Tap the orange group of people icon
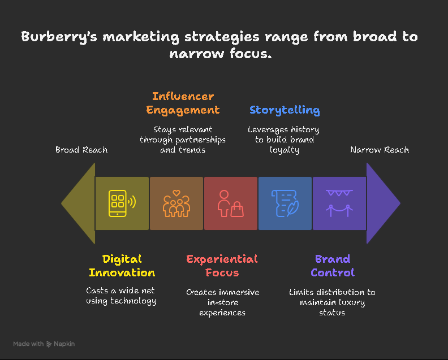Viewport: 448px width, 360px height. tap(176, 203)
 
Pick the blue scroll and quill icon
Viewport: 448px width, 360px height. tap(285, 203)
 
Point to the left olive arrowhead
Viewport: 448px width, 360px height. tap(79, 203)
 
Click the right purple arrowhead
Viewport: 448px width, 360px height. tap(383, 203)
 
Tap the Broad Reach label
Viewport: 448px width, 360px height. tap(81, 150)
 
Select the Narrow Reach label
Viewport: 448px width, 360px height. tap(380, 150)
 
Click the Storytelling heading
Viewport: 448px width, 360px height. tap(285, 110)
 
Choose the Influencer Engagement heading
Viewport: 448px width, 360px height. tap(183, 103)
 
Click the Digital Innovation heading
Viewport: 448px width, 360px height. tap(122, 266)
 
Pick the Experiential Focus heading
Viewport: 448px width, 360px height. tap(222, 266)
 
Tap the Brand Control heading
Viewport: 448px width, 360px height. tap(332, 266)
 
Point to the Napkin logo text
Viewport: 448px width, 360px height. tap(64, 344)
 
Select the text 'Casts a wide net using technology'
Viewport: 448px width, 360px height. tap(121, 296)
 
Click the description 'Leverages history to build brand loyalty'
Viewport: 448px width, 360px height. tap(284, 140)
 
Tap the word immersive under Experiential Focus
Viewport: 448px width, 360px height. tap(238, 292)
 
